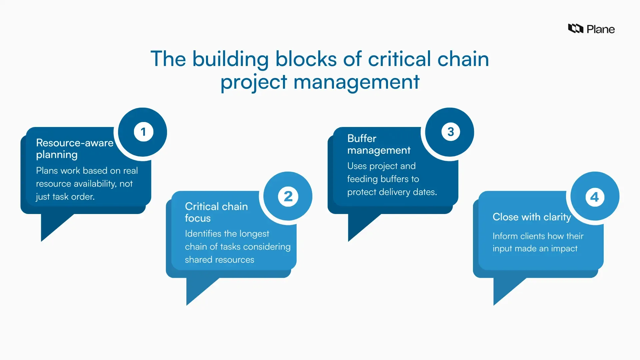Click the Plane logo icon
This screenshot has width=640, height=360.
(x=575, y=29)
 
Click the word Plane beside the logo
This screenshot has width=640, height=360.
(x=600, y=29)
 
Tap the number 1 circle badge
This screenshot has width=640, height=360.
(x=143, y=132)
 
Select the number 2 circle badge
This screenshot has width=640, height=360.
(x=288, y=196)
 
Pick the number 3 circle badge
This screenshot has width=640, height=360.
(x=450, y=132)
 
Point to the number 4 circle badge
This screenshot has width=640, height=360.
(x=595, y=197)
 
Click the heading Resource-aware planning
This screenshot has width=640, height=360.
(x=75, y=149)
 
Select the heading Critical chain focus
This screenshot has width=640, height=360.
(x=216, y=212)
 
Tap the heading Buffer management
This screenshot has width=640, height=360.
(x=379, y=144)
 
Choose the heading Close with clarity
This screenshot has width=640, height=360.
(x=532, y=217)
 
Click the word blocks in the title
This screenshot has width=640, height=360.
(x=306, y=59)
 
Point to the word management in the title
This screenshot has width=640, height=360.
(x=356, y=82)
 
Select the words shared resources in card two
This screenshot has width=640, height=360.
(x=219, y=260)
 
